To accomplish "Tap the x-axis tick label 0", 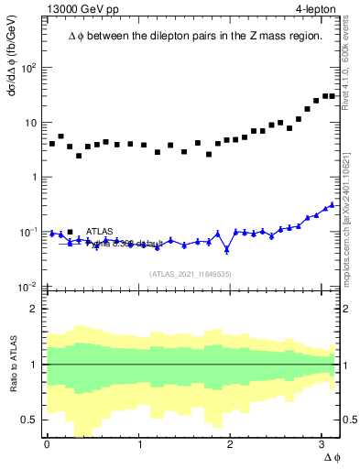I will (47, 442).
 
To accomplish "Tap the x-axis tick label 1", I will (139, 442).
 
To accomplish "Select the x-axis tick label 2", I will (231, 442).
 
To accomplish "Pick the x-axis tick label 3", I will (322, 442).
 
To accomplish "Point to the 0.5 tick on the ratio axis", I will (28, 420).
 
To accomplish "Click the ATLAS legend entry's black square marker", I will (71, 231).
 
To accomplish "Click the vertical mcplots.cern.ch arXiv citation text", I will (345, 212).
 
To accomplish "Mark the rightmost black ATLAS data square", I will (331, 95).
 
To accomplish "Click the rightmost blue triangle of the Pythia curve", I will (331, 204).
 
